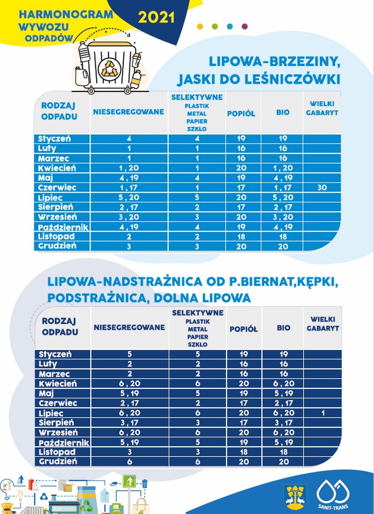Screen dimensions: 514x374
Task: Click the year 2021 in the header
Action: [x=156, y=18]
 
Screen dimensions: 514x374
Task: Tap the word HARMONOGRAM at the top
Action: [x=66, y=14]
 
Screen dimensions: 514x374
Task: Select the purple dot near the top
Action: [x=245, y=26]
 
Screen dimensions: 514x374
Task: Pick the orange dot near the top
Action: [x=200, y=26]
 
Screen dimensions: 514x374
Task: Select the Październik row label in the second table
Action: [x=64, y=442]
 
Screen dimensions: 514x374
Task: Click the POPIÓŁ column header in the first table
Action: [x=241, y=114]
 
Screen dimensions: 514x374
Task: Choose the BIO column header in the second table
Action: [x=283, y=328]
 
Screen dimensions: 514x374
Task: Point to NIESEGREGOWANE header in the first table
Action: [x=129, y=112]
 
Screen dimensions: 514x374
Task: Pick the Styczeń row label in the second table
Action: [x=55, y=354]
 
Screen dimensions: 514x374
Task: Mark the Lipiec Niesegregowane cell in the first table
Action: [x=129, y=197]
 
